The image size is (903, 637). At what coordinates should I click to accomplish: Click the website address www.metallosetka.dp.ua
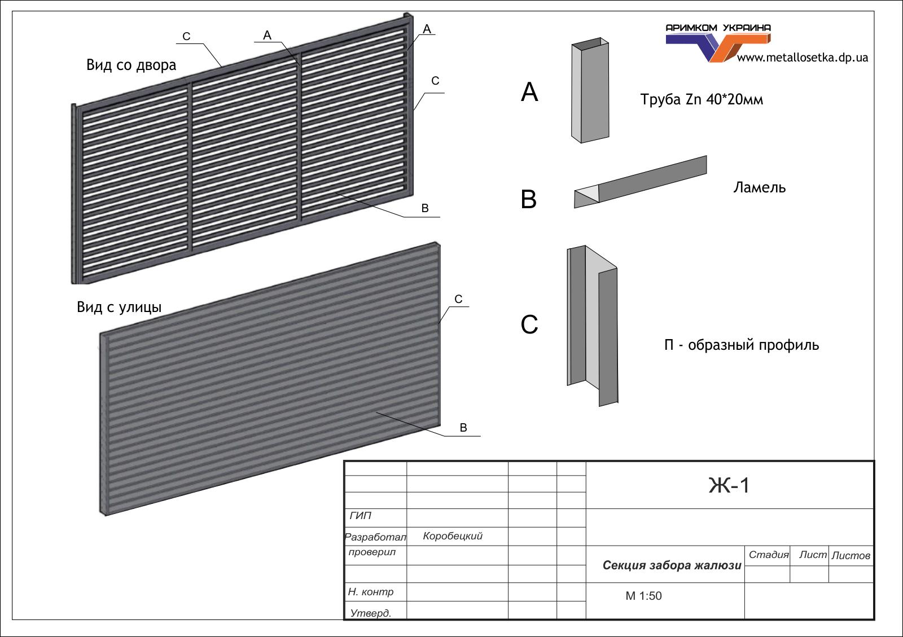coord(802,58)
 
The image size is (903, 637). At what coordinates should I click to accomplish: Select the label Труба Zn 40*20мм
coord(702,100)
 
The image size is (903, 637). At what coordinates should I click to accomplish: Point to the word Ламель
coord(759,187)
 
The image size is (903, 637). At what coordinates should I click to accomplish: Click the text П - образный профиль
coord(741,345)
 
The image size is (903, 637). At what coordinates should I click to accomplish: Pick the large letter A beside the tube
coord(529,92)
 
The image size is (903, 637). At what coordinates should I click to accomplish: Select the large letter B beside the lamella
coord(529,199)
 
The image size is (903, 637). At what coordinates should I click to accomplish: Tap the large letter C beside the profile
coord(529,324)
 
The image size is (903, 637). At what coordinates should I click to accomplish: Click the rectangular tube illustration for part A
coord(591,90)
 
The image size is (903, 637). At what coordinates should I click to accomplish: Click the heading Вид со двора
coord(131,65)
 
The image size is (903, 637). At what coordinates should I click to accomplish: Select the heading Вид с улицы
coord(119,307)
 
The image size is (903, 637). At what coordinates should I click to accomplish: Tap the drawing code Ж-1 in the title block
coord(729,485)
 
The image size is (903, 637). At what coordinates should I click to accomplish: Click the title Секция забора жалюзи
coord(672,565)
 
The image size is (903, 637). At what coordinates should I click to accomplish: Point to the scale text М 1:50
coord(643,596)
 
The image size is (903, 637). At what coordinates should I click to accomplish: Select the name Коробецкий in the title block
coord(453,536)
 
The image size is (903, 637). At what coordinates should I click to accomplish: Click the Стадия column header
coord(768,555)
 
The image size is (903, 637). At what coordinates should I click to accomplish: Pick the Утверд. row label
coord(370,613)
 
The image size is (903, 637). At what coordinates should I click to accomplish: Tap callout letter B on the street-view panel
coord(463,428)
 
